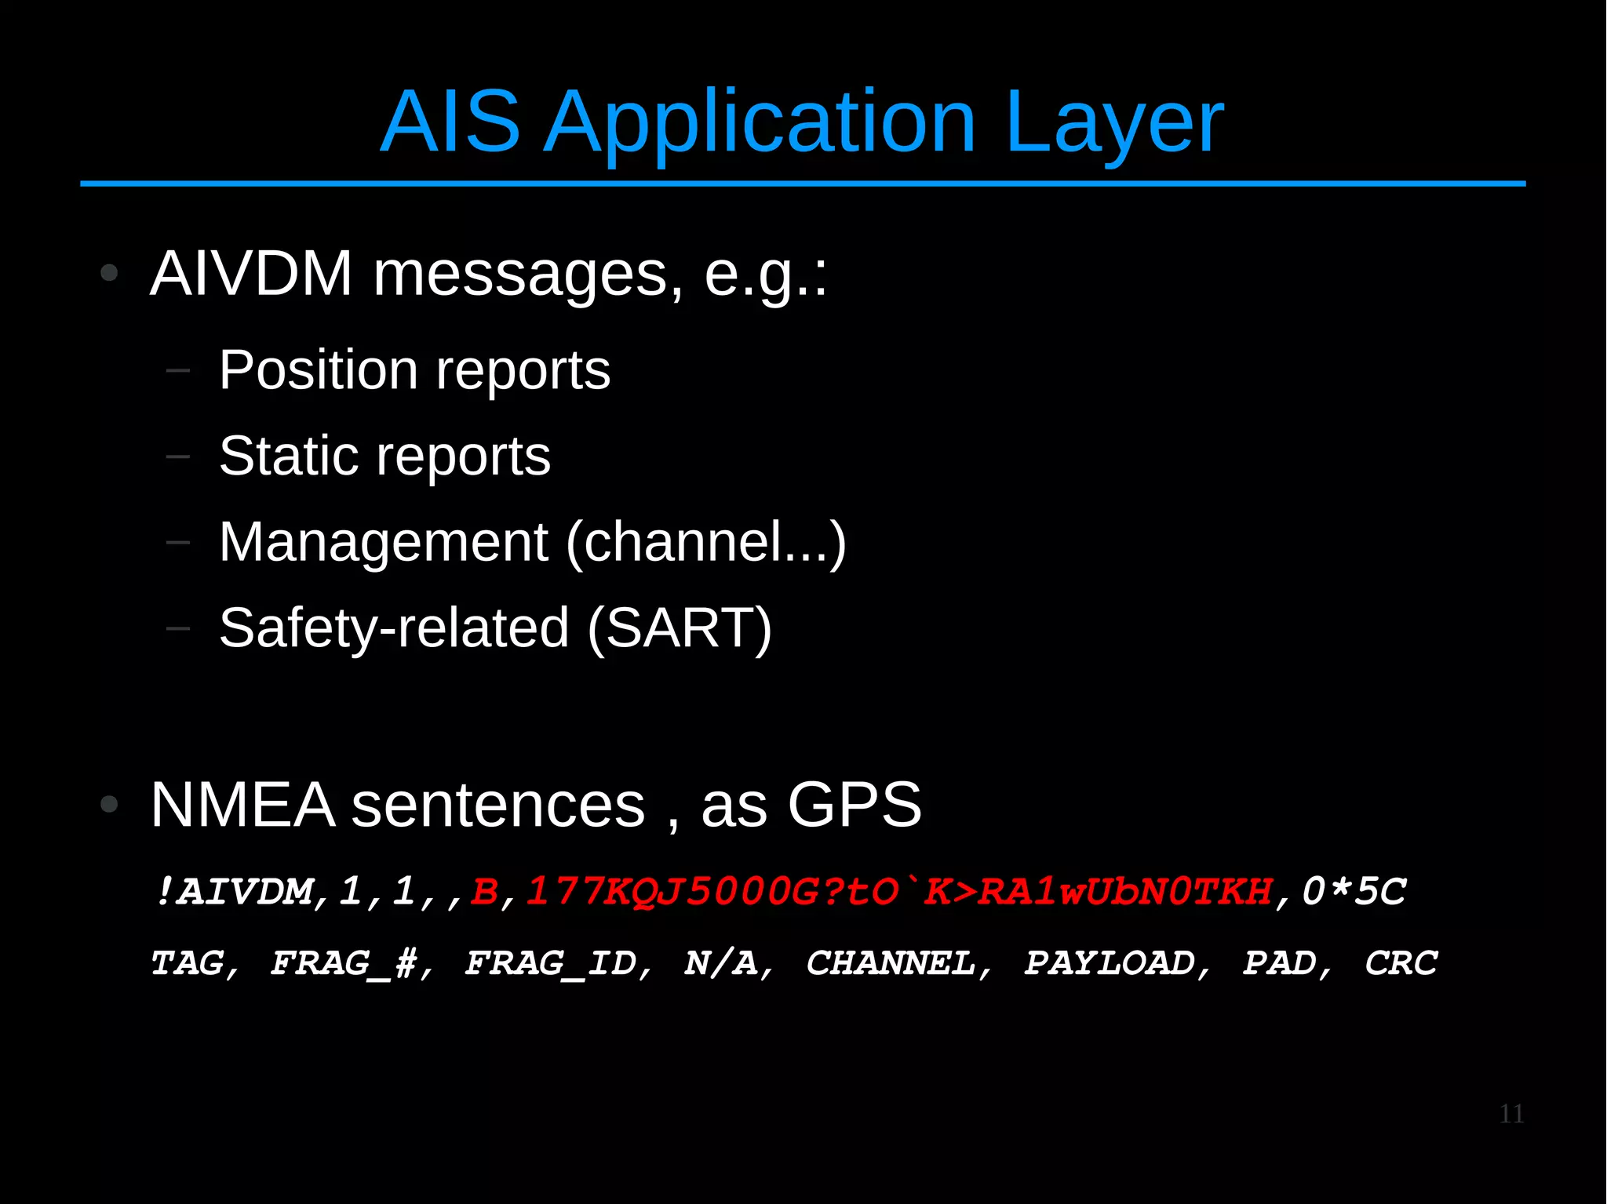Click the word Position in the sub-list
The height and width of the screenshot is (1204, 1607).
point(318,369)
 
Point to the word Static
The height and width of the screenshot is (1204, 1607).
point(289,456)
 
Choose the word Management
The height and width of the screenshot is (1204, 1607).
point(383,542)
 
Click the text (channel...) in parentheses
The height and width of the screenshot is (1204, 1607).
point(705,542)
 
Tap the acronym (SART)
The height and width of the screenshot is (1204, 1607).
point(680,628)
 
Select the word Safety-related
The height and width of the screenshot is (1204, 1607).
point(394,628)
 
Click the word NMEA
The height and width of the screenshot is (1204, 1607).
point(242,805)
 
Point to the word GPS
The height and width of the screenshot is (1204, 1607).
point(854,805)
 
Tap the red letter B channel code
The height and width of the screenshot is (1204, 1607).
point(484,892)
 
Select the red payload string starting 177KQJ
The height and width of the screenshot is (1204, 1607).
point(898,892)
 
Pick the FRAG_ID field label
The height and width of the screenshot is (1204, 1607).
point(551,963)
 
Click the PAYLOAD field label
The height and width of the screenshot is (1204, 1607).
point(1110,963)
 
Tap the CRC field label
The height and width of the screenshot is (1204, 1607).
point(1401,963)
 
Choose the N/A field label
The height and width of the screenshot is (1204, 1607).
point(721,963)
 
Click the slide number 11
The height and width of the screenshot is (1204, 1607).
point(1510,1114)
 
